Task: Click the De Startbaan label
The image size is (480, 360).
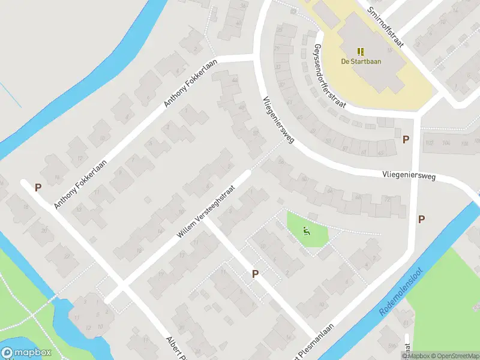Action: coord(361,61)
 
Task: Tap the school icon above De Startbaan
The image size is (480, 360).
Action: coord(361,51)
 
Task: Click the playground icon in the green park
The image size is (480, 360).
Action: coord(307,230)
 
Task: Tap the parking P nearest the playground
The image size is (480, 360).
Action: coord(255,274)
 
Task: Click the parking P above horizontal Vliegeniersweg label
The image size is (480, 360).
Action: coord(406,139)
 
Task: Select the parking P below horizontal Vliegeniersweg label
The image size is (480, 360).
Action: coord(421,219)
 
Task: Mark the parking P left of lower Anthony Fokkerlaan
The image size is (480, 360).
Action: coord(38,187)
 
